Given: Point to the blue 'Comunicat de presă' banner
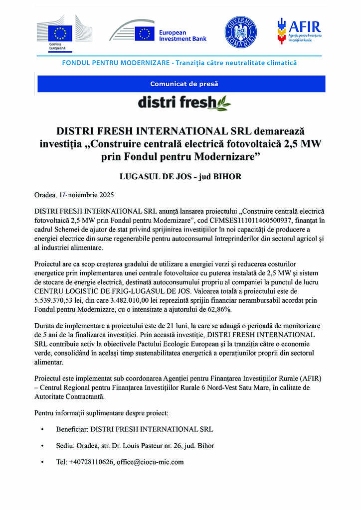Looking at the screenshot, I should coord(181,84).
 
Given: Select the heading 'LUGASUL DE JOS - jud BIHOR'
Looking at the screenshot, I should coord(180,176).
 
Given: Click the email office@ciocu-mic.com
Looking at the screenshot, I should coord(150,462).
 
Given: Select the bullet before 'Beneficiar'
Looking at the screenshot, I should coord(42,429).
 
